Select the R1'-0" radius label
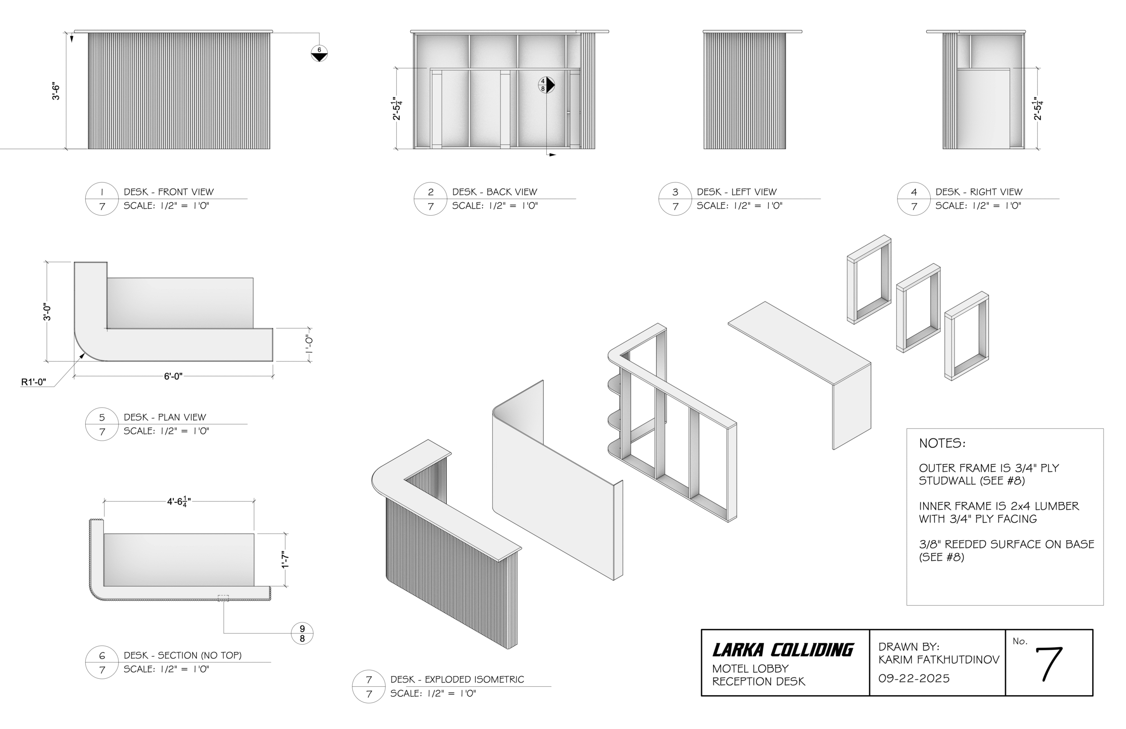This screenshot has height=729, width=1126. click(x=33, y=382)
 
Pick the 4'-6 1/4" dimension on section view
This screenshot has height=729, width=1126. click(x=179, y=501)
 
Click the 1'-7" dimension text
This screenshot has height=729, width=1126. click(x=285, y=560)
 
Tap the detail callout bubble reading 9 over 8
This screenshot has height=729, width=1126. click(x=302, y=633)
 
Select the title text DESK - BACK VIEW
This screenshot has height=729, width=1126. click(x=494, y=192)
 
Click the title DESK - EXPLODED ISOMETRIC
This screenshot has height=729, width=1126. click(x=457, y=679)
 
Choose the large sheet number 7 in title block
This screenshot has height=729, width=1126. click(x=1049, y=664)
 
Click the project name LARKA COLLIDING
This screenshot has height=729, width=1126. click(x=782, y=650)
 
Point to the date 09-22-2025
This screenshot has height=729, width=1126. click(x=914, y=678)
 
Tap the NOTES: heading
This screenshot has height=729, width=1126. click(x=942, y=444)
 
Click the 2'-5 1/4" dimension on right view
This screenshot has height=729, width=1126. click(x=1038, y=109)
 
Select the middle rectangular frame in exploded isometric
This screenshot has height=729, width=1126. click(x=918, y=309)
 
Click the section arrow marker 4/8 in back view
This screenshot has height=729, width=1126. click(x=546, y=85)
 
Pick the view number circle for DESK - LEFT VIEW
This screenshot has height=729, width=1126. click(x=675, y=199)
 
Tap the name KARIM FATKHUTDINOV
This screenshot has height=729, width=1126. click(x=939, y=659)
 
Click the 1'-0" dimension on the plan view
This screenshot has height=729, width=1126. click(x=310, y=345)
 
